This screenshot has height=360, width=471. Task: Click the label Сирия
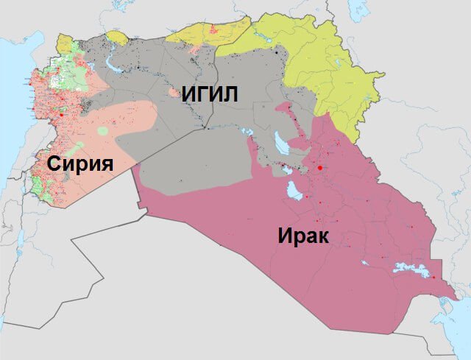click(x=80, y=163)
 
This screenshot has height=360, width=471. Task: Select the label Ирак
click(x=302, y=236)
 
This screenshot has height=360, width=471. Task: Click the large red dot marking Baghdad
click(x=319, y=168)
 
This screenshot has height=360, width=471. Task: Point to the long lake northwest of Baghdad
click(x=281, y=140)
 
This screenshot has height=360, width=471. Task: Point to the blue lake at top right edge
click(x=358, y=9)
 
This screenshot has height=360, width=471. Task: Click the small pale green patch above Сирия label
click(x=102, y=131)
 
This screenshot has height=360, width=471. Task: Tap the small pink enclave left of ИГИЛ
click(x=174, y=93)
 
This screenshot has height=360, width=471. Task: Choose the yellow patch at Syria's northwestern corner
click(x=64, y=46)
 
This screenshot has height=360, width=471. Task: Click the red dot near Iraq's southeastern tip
click(x=433, y=278)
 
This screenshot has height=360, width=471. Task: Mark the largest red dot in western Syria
click(x=63, y=115)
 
